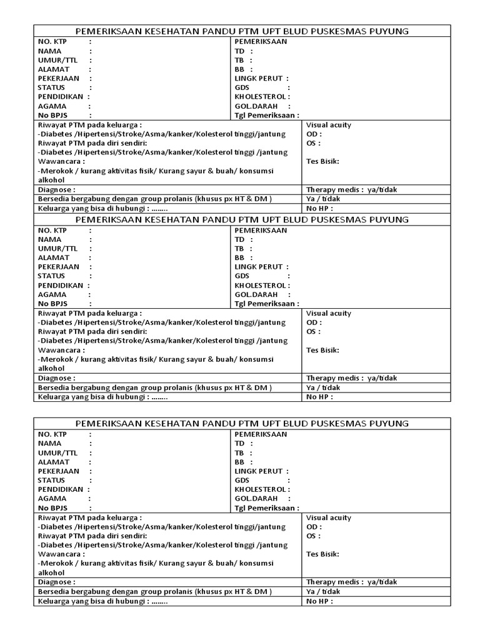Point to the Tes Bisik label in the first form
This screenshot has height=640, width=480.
[322, 161]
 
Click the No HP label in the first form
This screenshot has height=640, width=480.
[317, 208]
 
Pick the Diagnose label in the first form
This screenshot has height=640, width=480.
[56, 189]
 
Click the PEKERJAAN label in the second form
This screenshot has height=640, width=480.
[59, 267]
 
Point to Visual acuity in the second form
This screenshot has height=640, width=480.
[329, 313]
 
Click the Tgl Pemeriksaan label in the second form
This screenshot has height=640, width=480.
[265, 304]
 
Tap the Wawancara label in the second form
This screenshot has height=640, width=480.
[61, 350]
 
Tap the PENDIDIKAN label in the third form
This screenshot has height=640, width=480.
[61, 489]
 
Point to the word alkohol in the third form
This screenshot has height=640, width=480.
[51, 572]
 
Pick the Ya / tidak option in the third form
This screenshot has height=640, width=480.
[323, 591]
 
